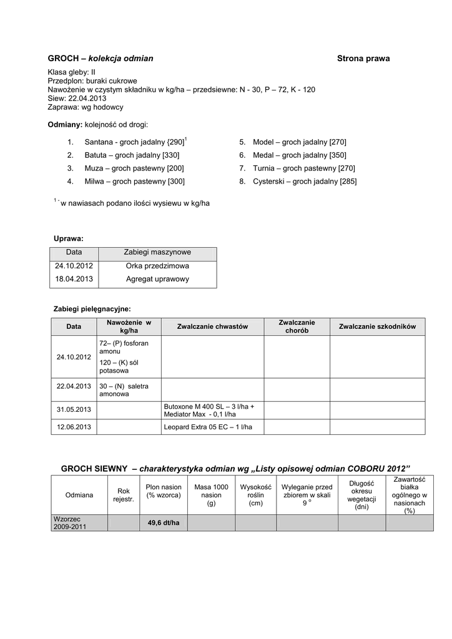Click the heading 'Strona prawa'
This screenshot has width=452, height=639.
(363, 59)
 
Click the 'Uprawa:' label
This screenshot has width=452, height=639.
(69, 238)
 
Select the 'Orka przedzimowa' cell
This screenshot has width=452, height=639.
(157, 266)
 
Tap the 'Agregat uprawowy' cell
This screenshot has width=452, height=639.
(157, 279)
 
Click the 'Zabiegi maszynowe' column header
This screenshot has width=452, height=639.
(157, 253)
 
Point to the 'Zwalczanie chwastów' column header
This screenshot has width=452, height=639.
(212, 326)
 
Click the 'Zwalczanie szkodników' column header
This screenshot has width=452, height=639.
(381, 326)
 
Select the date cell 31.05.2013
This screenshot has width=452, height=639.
(74, 409)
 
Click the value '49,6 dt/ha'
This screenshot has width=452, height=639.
(163, 522)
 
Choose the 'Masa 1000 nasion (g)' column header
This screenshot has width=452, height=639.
(211, 495)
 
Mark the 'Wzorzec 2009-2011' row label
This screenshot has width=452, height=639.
(70, 523)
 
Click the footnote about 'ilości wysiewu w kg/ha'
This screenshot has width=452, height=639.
(134, 203)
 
